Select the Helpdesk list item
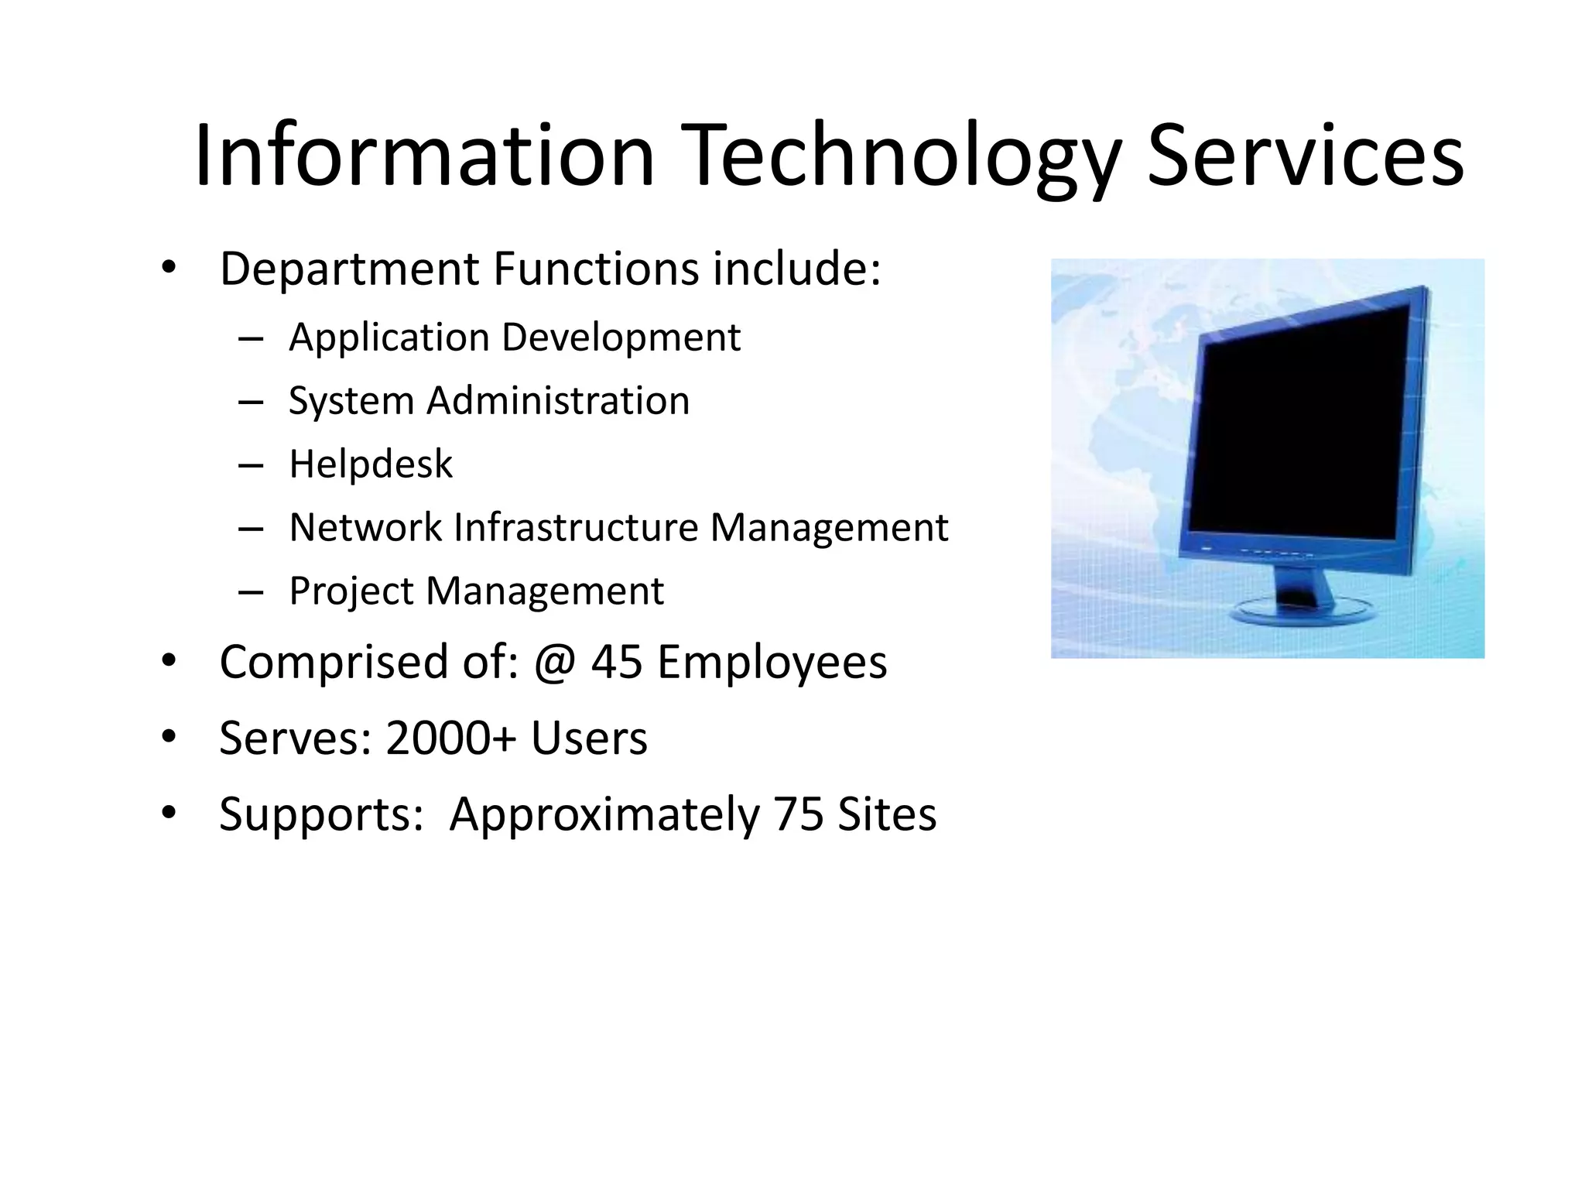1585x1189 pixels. [370, 464]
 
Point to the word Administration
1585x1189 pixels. [557, 401]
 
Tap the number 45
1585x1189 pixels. [617, 663]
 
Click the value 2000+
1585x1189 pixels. [450, 738]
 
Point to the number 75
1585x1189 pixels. [798, 814]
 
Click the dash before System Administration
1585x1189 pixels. [251, 402]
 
